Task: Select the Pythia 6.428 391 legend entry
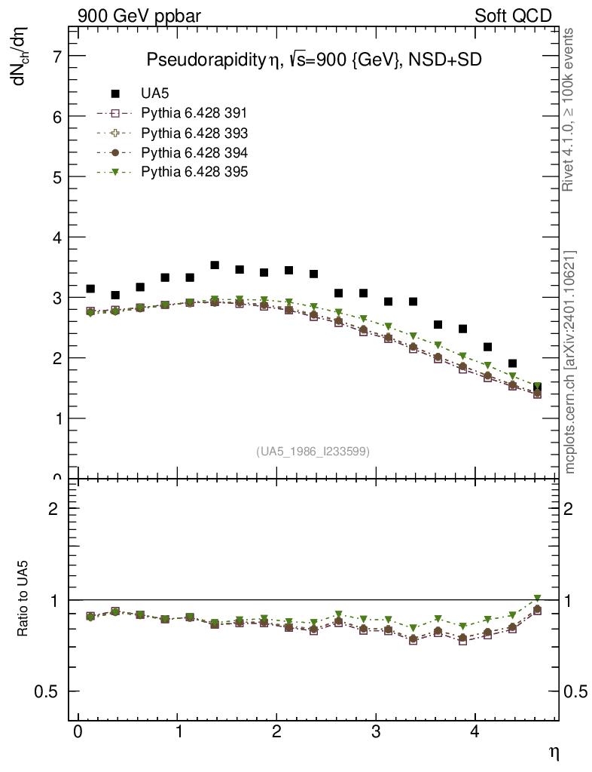pos(194,113)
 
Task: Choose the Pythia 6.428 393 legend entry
pos(194,133)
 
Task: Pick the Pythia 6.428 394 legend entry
pos(194,152)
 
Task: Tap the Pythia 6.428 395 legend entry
pos(194,172)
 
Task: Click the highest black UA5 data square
pos(215,265)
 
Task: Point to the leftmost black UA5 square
pos(90,289)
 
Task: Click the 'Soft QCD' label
pos(514,16)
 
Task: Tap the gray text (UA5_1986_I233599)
pos(313,452)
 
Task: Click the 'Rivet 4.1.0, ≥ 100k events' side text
pos(569,110)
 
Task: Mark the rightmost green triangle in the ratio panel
pos(537,599)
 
